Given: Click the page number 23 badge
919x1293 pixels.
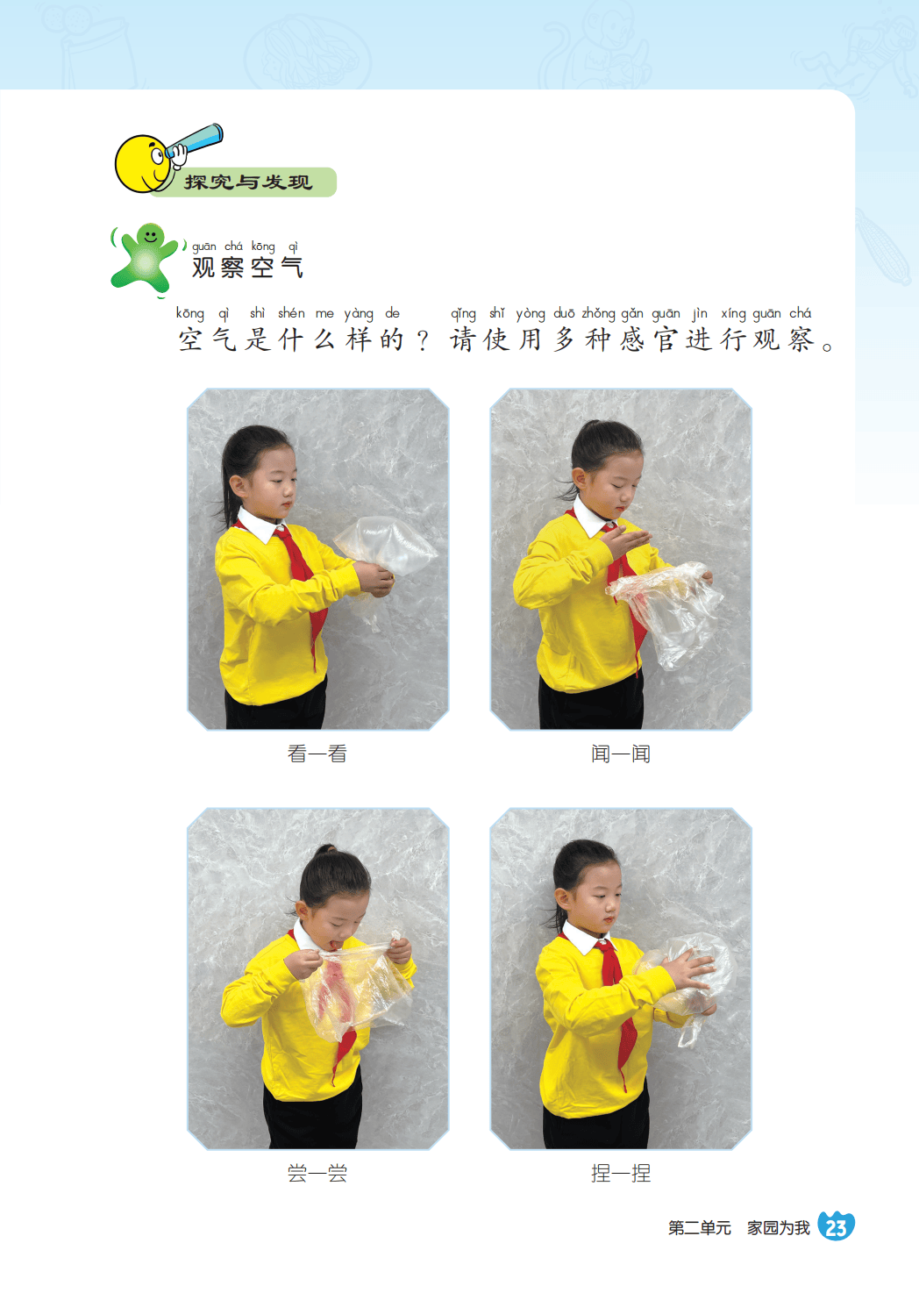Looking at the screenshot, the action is (836, 1226).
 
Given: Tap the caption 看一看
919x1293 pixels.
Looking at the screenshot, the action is (317, 754).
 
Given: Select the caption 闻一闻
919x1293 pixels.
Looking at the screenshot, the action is (621, 754).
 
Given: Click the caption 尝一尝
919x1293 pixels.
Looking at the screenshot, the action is (317, 1174).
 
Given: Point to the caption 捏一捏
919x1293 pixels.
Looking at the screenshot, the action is (621, 1174).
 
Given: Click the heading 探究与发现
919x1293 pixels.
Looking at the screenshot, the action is (248, 182).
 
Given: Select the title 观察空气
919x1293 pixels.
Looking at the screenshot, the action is (247, 268).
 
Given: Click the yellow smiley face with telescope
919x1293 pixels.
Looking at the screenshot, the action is (143, 164).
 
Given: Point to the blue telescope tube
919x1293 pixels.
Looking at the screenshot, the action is (194, 140).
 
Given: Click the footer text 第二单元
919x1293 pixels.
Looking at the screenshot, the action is (700, 1228).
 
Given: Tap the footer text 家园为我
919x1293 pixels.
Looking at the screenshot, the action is (779, 1228).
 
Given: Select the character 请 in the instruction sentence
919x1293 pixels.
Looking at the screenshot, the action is (462, 339).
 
